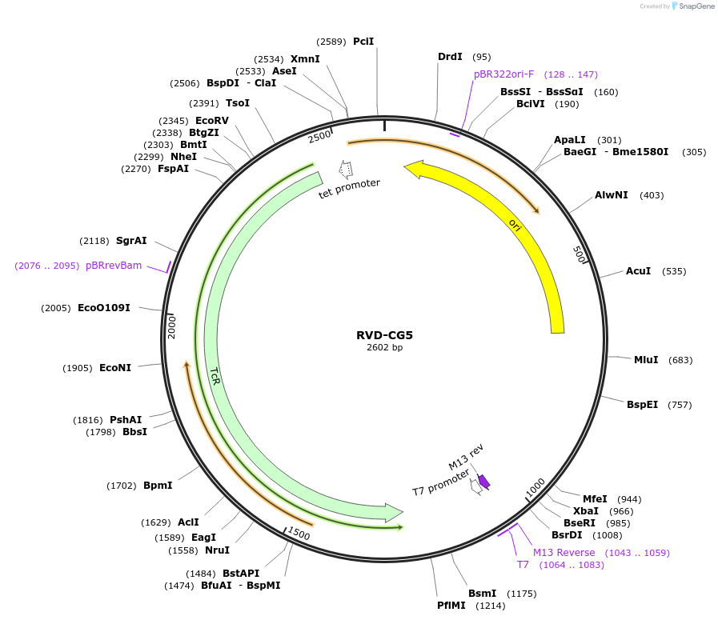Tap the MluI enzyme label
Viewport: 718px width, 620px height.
coord(646,360)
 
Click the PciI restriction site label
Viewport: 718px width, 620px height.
coord(363,42)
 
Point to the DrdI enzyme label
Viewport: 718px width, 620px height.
coord(450,57)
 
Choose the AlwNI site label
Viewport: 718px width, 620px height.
coord(612,195)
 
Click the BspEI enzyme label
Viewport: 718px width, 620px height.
coord(642,405)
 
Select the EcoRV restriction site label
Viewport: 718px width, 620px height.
coord(212,121)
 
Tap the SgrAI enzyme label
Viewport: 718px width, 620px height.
coord(131,241)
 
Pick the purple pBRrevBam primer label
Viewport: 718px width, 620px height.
coord(114,266)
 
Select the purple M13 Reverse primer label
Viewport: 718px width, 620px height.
coord(564,553)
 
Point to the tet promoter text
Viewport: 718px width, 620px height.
coord(349,189)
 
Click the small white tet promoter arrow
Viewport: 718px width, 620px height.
coord(346,169)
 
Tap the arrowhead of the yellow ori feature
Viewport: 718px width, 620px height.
coord(413,168)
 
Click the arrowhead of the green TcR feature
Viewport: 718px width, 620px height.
coord(394,511)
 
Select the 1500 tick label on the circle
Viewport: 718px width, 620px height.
coord(299,534)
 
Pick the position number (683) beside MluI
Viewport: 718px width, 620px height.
coord(680,360)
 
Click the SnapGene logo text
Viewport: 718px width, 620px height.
coord(692,6)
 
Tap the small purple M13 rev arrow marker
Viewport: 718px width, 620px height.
coord(483,481)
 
